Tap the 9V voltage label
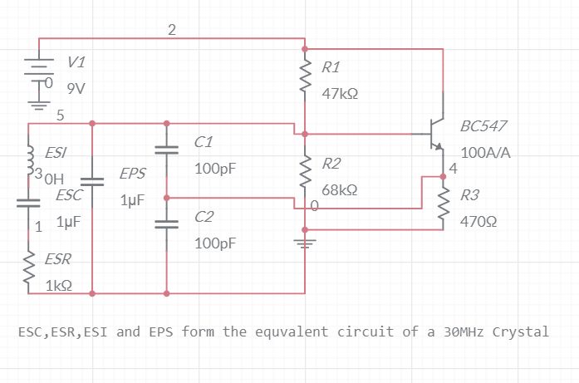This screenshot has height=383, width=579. pyautogui.click(x=76, y=86)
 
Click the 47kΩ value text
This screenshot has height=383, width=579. pyautogui.click(x=340, y=94)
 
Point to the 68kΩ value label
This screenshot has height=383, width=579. pyautogui.click(x=340, y=189)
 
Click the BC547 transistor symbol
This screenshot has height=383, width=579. pyautogui.click(x=435, y=134)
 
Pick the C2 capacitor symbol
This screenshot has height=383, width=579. pyautogui.click(x=167, y=223)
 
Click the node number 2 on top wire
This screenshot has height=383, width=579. pyautogui.click(x=171, y=30)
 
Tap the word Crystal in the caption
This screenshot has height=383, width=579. pyautogui.click(x=521, y=331)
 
